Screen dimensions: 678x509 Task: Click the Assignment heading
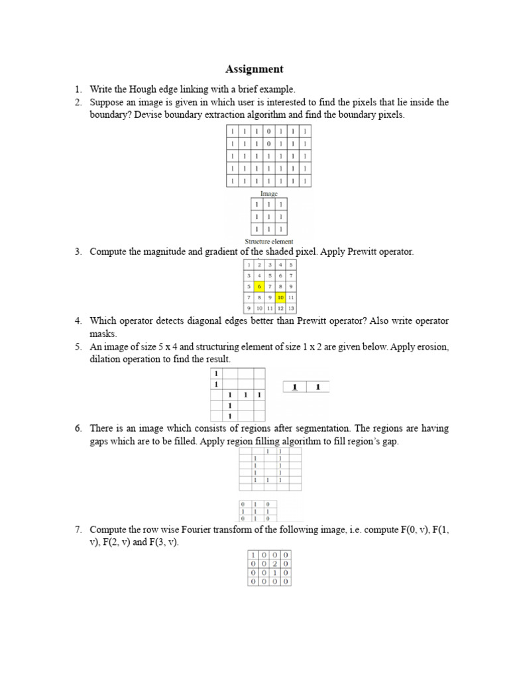254,69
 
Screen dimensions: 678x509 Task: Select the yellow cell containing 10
281,297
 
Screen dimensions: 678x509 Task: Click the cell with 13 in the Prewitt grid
292,309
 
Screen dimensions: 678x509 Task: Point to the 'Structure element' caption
269,242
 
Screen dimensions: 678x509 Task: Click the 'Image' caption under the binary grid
269,193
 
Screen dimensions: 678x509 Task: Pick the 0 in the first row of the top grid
268,131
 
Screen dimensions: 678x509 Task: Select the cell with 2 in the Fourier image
274,563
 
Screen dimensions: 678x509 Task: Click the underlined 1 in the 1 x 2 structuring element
294,387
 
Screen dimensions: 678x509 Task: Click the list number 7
78,530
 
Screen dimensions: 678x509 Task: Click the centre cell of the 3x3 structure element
269,217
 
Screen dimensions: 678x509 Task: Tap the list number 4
78,320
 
